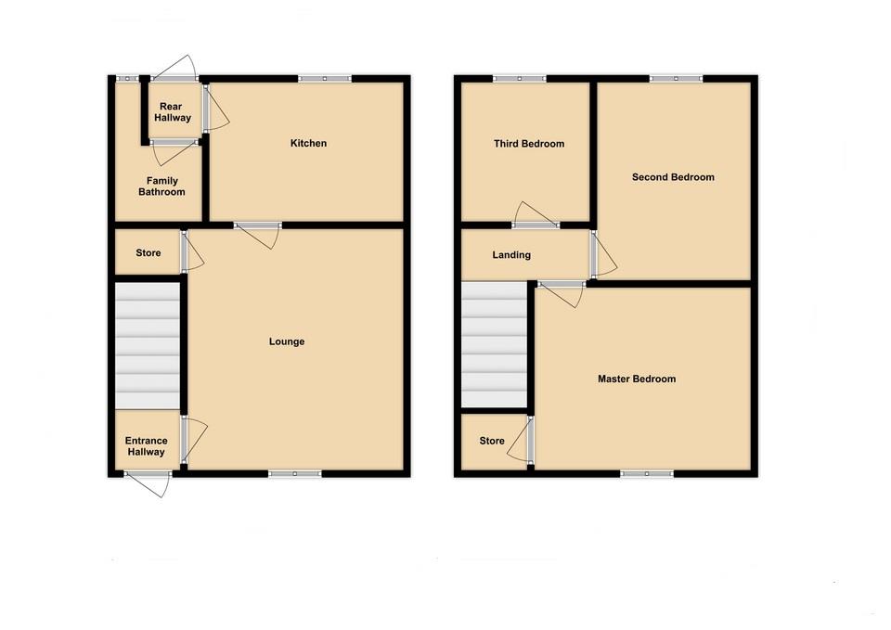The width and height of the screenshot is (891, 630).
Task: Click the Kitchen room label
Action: [308, 144]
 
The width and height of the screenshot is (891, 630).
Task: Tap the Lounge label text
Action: [287, 342]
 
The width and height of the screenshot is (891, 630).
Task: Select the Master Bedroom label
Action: [637, 379]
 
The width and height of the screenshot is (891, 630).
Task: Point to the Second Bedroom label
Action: [673, 177]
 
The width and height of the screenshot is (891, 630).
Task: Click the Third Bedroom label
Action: [529, 144]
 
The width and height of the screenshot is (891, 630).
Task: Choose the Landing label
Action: [511, 255]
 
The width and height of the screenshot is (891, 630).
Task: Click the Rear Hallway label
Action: [174, 112]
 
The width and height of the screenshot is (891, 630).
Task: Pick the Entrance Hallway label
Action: [147, 446]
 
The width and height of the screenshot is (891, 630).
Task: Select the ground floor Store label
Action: [148, 253]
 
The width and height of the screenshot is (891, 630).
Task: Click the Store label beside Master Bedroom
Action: [492, 441]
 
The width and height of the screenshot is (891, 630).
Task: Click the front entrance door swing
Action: [148, 483]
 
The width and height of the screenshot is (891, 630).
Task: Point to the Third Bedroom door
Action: [536, 215]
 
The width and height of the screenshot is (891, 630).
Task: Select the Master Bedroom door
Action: [562, 293]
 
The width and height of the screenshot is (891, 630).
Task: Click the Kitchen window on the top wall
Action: [325, 79]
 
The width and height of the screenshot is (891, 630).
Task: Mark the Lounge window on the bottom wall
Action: [295, 474]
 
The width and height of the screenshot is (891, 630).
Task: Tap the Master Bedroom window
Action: [647, 474]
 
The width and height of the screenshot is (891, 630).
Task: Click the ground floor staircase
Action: [147, 345]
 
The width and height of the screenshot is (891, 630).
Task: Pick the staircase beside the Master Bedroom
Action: [495, 345]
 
